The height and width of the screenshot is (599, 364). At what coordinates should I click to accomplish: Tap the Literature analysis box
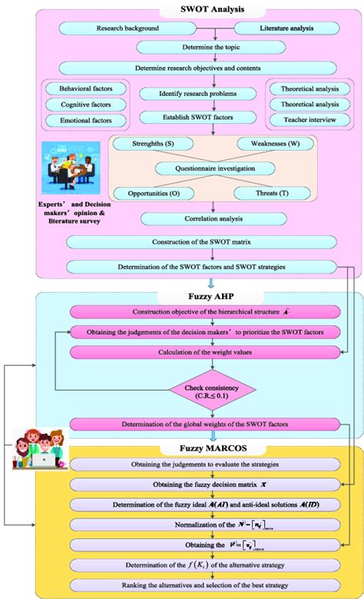[263, 28]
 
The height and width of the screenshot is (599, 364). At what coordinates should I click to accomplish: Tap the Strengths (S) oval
[143, 145]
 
